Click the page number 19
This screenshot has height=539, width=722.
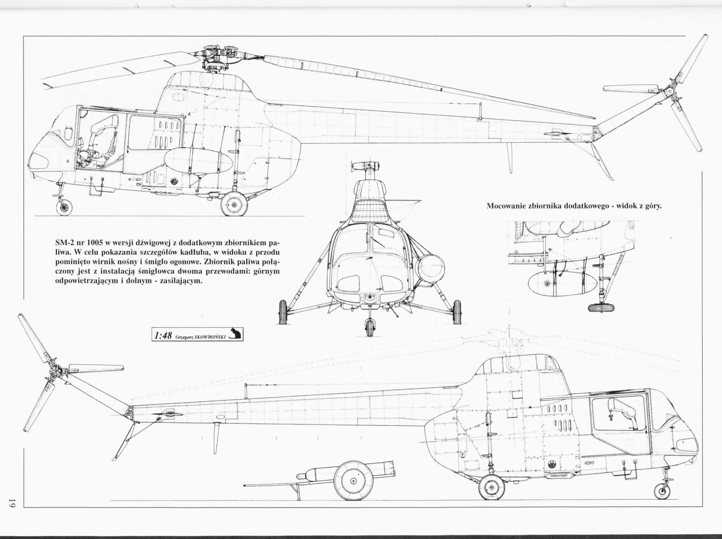point(11,513)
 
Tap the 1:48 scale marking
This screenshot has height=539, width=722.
point(163,336)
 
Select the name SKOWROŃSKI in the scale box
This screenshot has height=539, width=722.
point(211,337)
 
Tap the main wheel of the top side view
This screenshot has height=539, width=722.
point(234,204)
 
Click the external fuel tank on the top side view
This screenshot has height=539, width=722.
point(197,160)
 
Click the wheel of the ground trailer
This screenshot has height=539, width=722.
point(353,481)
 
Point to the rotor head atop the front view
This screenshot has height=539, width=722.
point(366,167)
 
